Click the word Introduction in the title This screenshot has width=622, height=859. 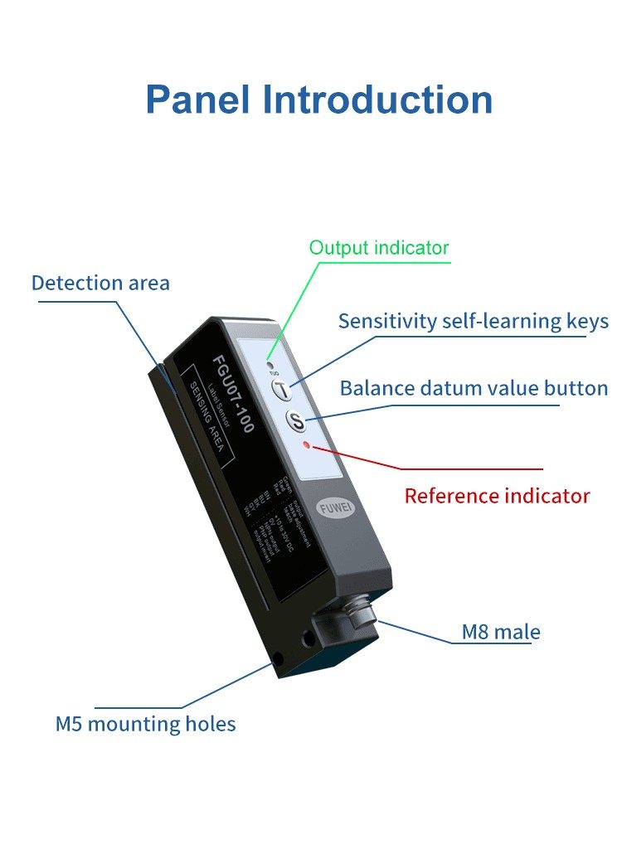[377, 99]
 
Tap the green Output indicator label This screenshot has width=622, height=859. [379, 248]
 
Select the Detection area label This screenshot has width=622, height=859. [100, 283]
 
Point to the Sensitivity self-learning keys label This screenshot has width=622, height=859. [473, 321]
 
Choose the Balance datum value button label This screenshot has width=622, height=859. [474, 388]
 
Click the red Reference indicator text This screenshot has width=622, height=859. [497, 496]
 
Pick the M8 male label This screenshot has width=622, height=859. [501, 632]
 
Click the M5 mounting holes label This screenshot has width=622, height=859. [145, 724]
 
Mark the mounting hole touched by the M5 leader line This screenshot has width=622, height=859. [275, 663]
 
